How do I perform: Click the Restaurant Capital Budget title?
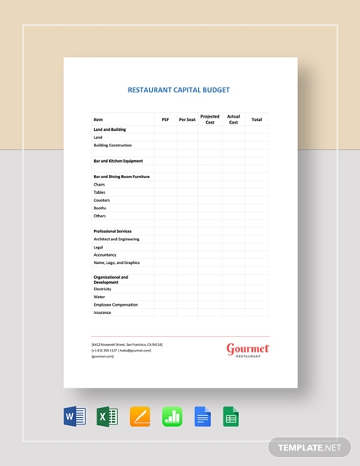178,91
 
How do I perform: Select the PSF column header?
165,119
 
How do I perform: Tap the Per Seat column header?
187,119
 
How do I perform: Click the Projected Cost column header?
210,119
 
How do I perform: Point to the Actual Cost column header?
233,119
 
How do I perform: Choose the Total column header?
256,119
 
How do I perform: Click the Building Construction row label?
112,145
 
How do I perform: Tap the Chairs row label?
99,185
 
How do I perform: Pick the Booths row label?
100,208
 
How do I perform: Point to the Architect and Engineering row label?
116,240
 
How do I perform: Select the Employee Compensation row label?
115,304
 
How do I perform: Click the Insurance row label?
102,312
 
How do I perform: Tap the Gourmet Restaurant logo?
247,350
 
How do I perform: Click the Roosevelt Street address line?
127,345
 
